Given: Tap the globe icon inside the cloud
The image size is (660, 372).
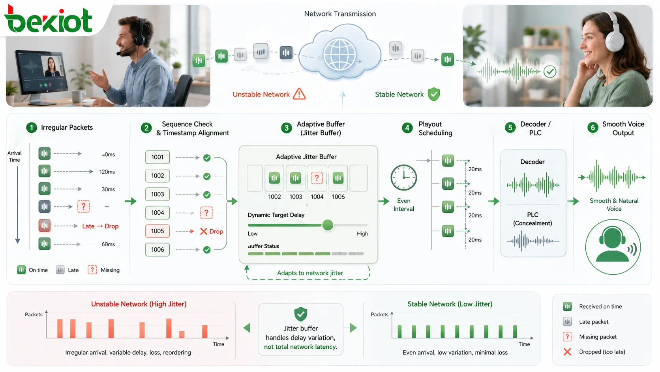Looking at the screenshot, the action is (339, 55).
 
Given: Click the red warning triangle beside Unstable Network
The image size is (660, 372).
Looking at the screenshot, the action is (299, 94).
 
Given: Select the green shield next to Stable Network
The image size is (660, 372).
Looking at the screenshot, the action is (434, 94).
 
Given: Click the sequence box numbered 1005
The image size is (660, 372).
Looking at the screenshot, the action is (157, 231).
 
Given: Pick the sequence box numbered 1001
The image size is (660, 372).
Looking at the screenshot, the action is (157, 157).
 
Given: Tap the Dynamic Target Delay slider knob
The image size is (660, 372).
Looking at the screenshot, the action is (327, 225).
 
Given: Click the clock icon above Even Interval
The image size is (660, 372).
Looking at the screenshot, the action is (403, 178).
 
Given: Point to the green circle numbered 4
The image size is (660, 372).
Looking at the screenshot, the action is (407, 128).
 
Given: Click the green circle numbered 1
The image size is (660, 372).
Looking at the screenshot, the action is (32, 128).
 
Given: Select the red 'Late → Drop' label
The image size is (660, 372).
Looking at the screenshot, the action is (100, 226).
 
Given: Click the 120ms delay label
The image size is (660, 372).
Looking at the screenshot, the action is (107, 172).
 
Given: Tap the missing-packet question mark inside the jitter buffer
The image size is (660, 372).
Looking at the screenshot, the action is (317, 178).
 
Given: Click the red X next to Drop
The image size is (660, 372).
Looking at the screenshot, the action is (203, 231).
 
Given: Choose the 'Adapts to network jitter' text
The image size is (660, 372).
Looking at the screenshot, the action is (310, 273).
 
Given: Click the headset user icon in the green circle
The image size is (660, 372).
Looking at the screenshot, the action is (613, 246).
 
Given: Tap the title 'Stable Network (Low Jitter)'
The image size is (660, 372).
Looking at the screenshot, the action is (450, 304).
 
